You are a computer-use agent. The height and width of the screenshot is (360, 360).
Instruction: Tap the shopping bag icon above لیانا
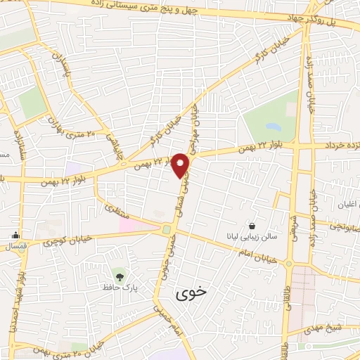tap(252, 226)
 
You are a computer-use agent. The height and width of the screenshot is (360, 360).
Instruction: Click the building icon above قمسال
tap(15, 236)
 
